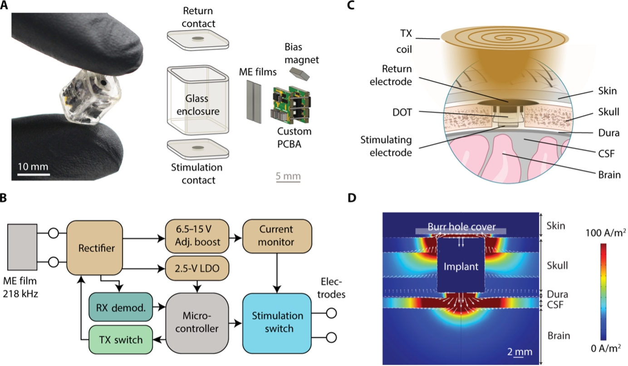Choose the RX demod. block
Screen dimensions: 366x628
pos(120,307)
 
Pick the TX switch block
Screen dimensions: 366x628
pos(120,339)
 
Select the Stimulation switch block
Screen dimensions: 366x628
pos(278,321)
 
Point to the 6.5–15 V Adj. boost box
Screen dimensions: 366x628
pos(196,235)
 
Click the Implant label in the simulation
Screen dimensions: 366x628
pos(461,267)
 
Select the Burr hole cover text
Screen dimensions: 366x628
pos(461,227)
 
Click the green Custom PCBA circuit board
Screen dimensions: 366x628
pos(290,105)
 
